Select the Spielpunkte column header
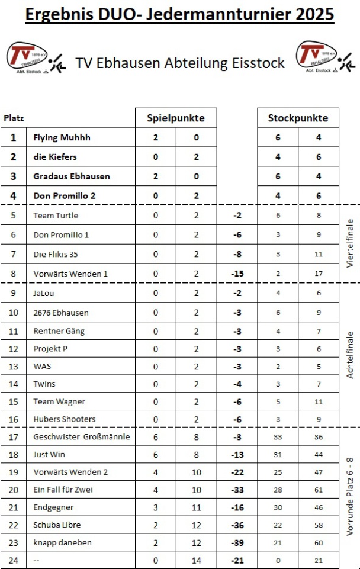[x=176, y=118]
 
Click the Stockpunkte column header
[x=298, y=118]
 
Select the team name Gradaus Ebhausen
[x=72, y=176]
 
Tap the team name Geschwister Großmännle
[x=82, y=437]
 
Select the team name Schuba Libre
[x=57, y=525]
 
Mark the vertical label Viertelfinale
[x=349, y=244]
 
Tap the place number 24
[x=14, y=560]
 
